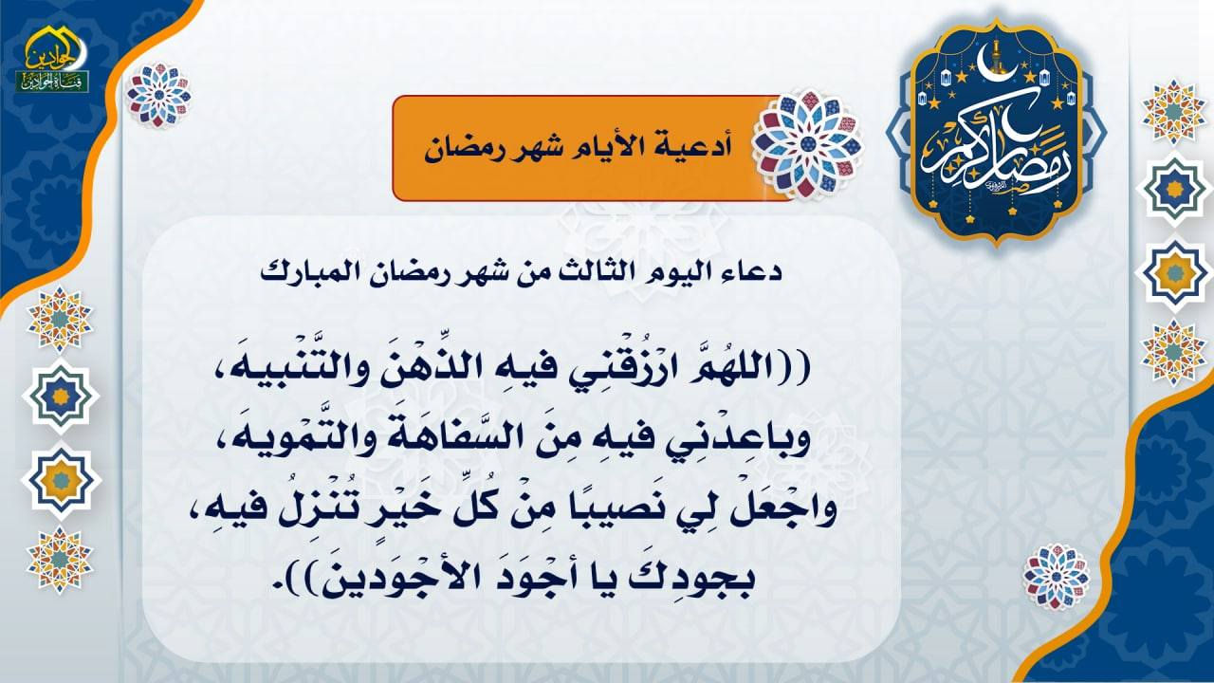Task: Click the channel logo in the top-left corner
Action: pos(52,60)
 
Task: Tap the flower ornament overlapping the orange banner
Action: pos(810,144)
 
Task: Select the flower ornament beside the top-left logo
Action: pos(158,95)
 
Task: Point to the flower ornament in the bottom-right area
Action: pos(1057,576)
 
